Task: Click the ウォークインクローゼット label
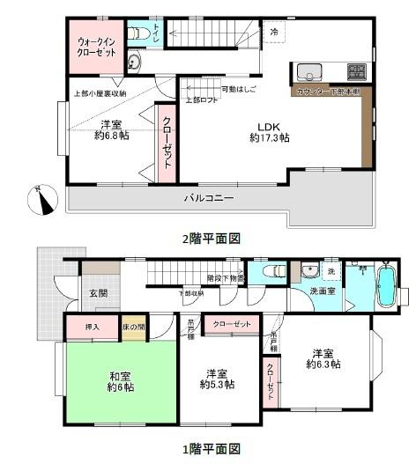click(x=96, y=46)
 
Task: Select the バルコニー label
click(x=209, y=199)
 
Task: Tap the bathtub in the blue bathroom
click(x=387, y=289)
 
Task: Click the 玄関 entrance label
click(x=98, y=294)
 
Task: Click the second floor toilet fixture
click(x=137, y=34)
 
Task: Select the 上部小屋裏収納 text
click(x=99, y=93)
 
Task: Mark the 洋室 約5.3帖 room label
click(x=217, y=378)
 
